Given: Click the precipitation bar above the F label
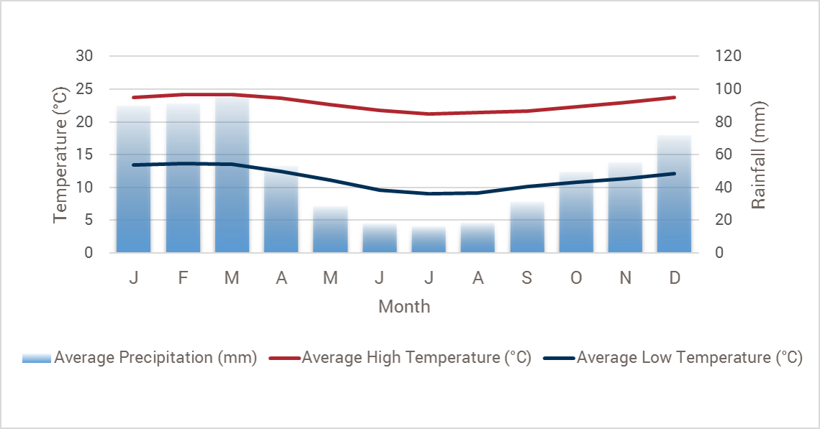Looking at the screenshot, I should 183,187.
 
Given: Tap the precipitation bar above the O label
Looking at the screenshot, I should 576,216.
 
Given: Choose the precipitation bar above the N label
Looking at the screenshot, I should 625,212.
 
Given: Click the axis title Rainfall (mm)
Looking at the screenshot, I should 758,154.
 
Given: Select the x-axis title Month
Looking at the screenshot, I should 404,307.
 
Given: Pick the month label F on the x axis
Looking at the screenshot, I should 183,277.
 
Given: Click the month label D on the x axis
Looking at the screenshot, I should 675,277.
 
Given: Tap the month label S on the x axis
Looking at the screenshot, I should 527,277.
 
